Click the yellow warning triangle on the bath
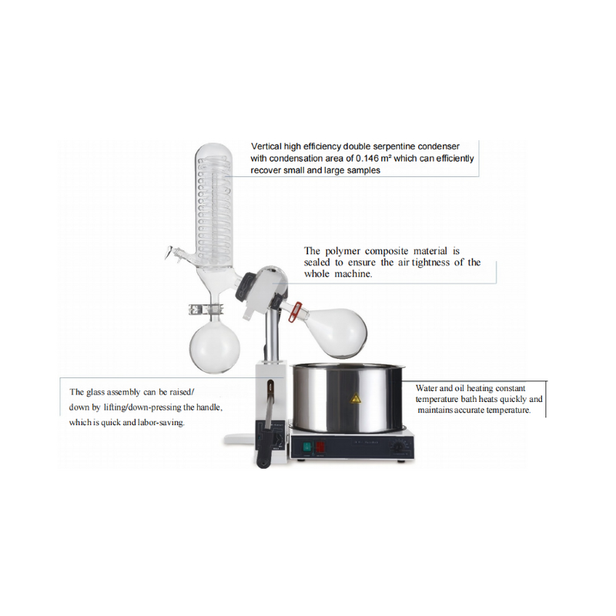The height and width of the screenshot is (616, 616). click(355, 400)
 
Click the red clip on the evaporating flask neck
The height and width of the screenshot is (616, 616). click(293, 313)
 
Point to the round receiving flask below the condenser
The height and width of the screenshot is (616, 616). click(209, 346)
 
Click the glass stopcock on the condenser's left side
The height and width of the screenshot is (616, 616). click(175, 254)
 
